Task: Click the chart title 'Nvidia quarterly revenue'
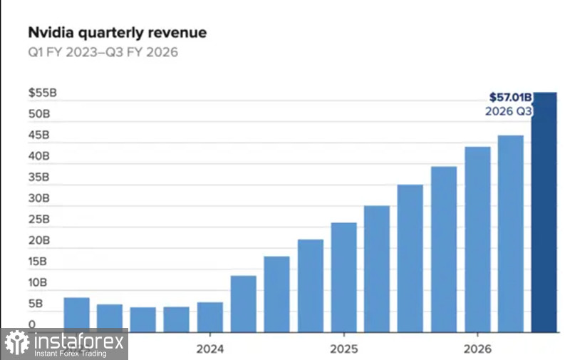pos(117,33)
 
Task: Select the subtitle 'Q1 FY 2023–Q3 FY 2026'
pos(103,52)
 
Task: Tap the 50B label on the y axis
pos(40,114)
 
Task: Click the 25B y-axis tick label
pos(40,220)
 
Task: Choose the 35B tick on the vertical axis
pos(40,178)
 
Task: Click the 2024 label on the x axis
pos(209,349)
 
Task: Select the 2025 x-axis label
pos(343,349)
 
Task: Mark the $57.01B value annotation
pos(510,97)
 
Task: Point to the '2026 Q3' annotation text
pos(509,111)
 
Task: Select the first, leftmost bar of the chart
pos(76,315)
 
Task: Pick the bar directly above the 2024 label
pos(210,317)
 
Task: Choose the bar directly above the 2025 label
pos(344,277)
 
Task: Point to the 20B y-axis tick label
pos(40,241)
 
